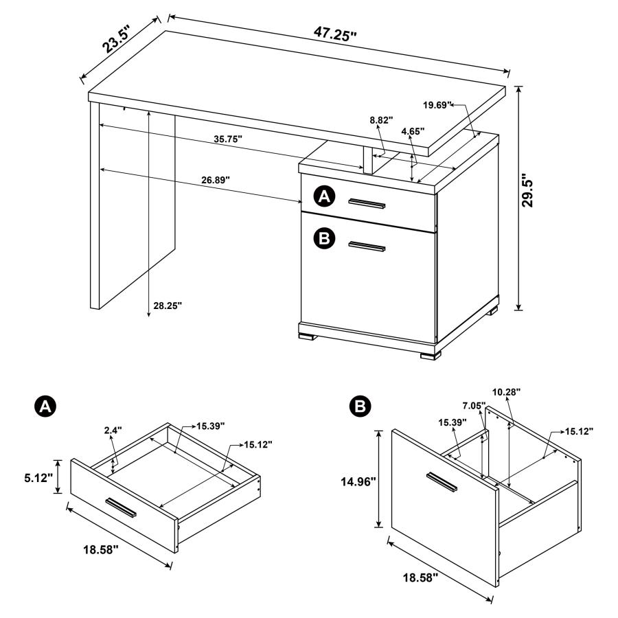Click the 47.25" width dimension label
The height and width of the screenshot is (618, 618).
(336, 32)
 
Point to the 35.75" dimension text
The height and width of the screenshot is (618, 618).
(228, 139)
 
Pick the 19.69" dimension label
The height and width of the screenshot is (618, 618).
(437, 105)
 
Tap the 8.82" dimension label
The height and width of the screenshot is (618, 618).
(381, 119)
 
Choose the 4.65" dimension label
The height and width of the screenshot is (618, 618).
(413, 130)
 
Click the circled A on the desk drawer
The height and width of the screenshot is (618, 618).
(323, 197)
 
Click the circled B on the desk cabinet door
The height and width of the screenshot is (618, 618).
(323, 238)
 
